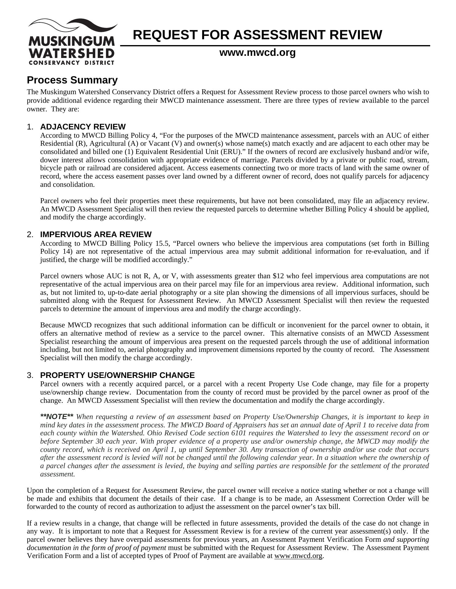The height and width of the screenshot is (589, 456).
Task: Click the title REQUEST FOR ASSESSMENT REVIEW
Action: (x=257, y=35)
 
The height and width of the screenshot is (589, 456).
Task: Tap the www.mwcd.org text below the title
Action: (x=257, y=53)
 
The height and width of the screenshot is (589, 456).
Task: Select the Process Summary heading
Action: (x=72, y=80)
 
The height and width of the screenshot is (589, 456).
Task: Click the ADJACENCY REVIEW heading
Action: (x=83, y=127)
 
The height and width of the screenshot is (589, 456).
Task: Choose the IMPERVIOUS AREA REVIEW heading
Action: (x=96, y=234)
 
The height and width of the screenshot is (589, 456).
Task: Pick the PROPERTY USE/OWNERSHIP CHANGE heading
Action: (x=117, y=375)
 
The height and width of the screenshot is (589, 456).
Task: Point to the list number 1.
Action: (x=29, y=127)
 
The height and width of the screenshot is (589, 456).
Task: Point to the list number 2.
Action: (x=30, y=234)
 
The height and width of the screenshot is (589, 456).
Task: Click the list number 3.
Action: (x=30, y=375)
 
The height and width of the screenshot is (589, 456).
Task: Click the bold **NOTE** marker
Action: (x=57, y=417)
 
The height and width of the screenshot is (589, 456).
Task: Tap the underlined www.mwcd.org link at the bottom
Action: (x=298, y=556)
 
